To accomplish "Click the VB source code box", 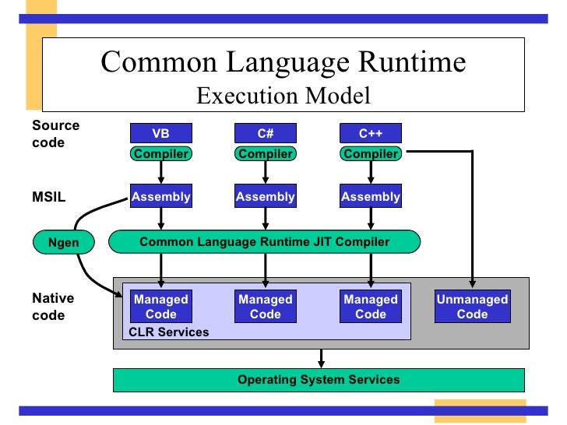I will coord(160,133).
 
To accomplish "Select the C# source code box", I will coord(266,133).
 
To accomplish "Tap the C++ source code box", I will coord(371,133).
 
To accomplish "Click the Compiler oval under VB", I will coord(160,153).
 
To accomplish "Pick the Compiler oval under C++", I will coord(371,153).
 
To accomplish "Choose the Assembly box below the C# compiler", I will coord(266,197).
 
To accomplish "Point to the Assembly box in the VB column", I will coord(160,197).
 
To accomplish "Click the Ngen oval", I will coord(63,242).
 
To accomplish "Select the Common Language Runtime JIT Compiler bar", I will coord(264,242).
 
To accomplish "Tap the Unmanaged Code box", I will coord(472,307).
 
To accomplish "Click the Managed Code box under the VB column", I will coord(160,307).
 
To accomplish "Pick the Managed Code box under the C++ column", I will coord(371,307).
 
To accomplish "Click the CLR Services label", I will coord(169,332).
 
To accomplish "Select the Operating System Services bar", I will coord(319,380).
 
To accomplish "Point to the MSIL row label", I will coord(48,197).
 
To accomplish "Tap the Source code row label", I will coord(55,134).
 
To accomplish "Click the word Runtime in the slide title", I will coord(406,62).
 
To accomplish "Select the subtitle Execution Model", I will coord(283,96).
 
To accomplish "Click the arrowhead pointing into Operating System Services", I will coord(319,364).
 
